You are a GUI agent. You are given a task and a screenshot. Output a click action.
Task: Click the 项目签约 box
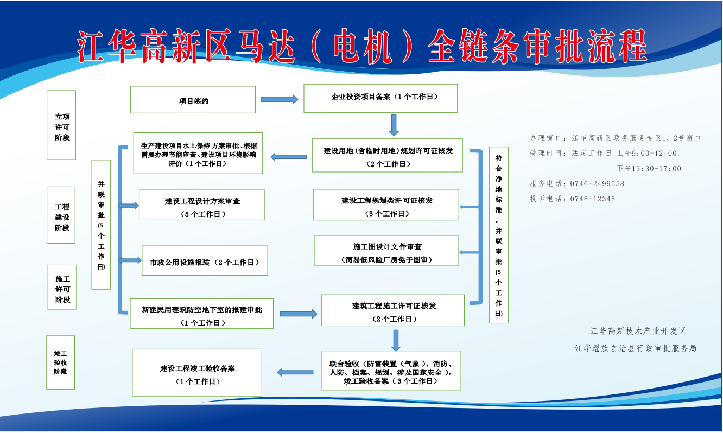[x=193, y=100]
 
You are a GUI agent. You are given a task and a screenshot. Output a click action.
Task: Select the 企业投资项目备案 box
[x=380, y=98]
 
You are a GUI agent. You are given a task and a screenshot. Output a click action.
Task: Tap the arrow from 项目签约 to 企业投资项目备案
[x=280, y=99]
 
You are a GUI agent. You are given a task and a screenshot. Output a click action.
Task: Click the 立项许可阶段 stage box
[x=61, y=125]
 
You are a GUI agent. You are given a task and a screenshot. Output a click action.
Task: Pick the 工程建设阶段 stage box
[x=61, y=215]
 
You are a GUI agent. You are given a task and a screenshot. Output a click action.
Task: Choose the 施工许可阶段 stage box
[x=61, y=288]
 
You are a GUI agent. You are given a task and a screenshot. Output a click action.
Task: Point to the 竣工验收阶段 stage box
[x=60, y=362]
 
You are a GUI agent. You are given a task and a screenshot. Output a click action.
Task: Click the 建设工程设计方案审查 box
[x=202, y=205]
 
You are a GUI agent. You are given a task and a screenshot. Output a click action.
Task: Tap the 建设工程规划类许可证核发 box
[x=386, y=205]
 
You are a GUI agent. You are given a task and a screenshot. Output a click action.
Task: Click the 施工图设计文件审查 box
[x=386, y=251]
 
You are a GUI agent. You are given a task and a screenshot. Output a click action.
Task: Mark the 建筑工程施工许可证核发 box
[x=392, y=310]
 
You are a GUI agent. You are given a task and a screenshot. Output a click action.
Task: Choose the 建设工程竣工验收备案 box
[x=197, y=373]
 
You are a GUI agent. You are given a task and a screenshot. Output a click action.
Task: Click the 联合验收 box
[x=391, y=371]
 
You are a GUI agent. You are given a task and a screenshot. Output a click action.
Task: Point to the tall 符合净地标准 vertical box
[x=498, y=235]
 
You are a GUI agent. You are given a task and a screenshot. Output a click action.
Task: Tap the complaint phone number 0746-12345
[x=593, y=199]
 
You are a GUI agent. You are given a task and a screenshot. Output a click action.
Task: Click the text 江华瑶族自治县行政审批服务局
[x=636, y=348]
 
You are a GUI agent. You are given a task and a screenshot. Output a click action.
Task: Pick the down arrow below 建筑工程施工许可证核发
[x=396, y=340]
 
